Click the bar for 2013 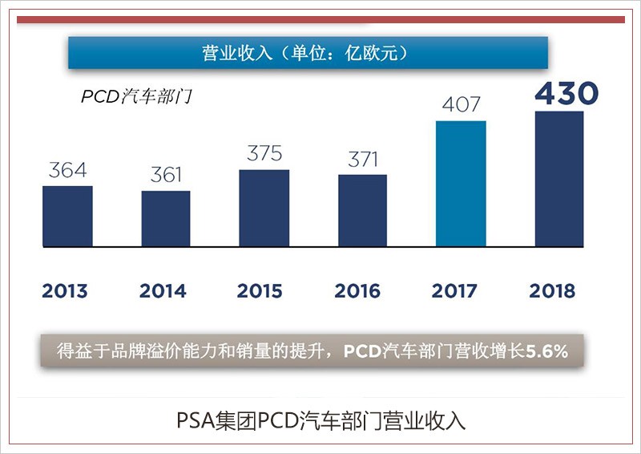click(67, 216)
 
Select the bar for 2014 click(166, 218)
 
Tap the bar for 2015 click(264, 208)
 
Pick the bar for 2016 click(362, 210)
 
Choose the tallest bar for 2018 click(558, 178)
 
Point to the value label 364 click(67, 171)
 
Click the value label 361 click(166, 175)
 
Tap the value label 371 click(362, 159)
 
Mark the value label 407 click(461, 104)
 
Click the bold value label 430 click(566, 93)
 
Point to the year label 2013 click(65, 290)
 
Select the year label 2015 click(260, 290)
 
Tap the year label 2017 click(454, 290)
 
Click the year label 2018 click(552, 290)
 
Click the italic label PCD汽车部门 click(137, 97)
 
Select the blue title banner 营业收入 click(308, 53)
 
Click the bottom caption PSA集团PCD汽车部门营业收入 click(320, 420)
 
